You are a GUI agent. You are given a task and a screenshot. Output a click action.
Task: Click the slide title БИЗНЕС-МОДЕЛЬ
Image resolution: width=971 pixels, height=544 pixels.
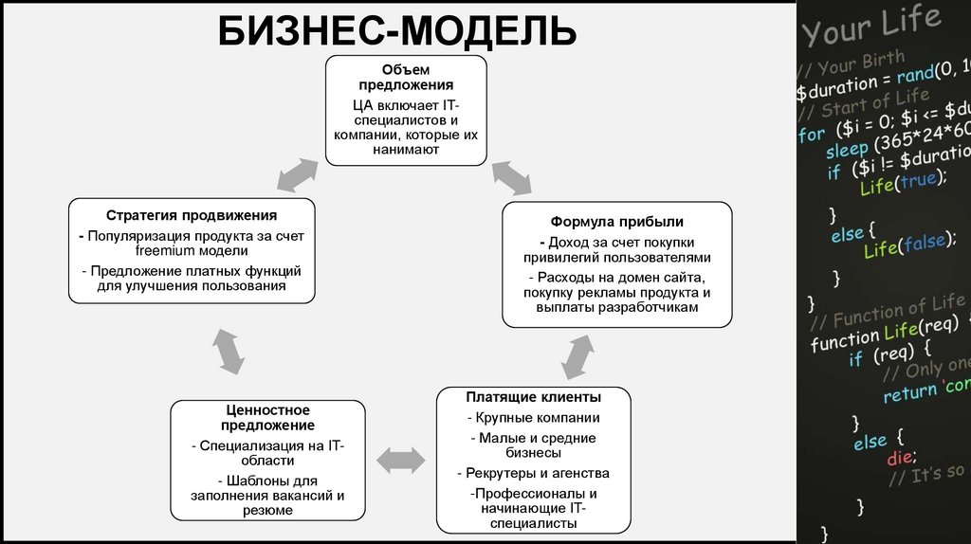(x=397, y=30)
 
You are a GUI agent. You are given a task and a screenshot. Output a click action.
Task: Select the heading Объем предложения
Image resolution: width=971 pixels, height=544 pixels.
(x=406, y=78)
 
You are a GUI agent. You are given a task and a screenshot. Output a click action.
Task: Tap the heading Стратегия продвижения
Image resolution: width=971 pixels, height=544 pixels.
(x=192, y=215)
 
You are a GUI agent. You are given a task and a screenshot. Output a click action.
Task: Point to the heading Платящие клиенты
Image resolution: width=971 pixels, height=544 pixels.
(x=533, y=396)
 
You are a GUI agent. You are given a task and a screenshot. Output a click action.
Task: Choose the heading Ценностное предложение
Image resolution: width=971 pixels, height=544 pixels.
(x=268, y=417)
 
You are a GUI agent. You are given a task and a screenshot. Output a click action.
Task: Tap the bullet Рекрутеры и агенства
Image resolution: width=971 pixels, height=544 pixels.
(x=534, y=473)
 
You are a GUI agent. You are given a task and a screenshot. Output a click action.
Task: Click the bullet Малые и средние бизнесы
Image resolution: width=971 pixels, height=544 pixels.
(x=534, y=445)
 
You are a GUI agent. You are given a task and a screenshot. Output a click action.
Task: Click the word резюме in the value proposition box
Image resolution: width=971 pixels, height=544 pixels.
(x=268, y=510)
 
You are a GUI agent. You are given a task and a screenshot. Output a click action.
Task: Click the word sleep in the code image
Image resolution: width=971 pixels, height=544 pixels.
(x=846, y=152)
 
